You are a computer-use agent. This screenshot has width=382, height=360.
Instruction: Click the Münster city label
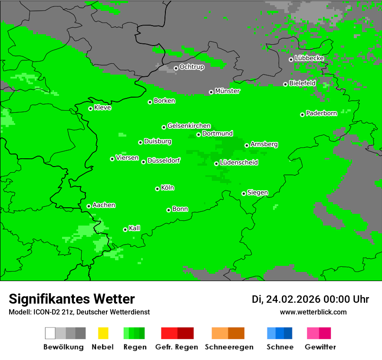click(x=227, y=91)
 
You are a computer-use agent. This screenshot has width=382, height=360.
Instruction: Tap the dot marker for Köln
click(x=157, y=189)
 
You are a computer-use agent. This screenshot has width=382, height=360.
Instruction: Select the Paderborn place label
click(x=321, y=113)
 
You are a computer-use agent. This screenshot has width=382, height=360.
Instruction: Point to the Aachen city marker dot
click(x=89, y=206)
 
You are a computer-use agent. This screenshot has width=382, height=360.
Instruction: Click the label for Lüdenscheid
click(x=239, y=163)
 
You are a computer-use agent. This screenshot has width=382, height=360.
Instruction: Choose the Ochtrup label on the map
click(x=191, y=67)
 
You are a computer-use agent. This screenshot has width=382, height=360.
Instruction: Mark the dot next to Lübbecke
click(x=291, y=59)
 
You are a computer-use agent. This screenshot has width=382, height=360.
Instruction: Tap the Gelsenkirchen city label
click(x=189, y=126)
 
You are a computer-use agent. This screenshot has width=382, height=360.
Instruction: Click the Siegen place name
click(x=257, y=193)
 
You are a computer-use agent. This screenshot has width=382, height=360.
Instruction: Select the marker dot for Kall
click(x=125, y=229)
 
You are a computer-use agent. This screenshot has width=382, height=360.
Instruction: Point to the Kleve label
click(x=102, y=108)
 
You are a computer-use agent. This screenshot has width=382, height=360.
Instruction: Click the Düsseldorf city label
click(x=163, y=160)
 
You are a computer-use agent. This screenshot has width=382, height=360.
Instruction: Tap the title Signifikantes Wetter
click(x=72, y=299)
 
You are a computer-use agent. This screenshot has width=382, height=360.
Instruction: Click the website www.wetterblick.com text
click(x=313, y=312)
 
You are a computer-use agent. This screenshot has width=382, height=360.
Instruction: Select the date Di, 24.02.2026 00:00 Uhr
click(x=310, y=299)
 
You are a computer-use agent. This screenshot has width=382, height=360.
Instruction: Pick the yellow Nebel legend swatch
click(x=103, y=333)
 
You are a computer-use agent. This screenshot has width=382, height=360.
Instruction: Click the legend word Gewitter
click(x=320, y=347)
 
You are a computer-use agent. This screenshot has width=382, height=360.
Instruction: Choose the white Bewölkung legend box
click(x=50, y=333)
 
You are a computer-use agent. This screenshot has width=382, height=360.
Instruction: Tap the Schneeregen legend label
click(x=228, y=347)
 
